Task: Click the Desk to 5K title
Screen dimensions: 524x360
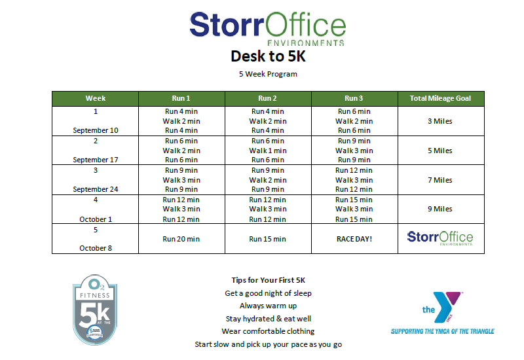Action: (x=268, y=56)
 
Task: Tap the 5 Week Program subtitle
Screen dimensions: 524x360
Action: (x=268, y=74)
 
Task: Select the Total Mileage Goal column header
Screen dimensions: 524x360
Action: (x=440, y=98)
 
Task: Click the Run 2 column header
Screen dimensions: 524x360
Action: (x=267, y=98)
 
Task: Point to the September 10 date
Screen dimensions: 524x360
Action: (x=96, y=130)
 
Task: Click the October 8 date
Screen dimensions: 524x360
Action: (x=96, y=248)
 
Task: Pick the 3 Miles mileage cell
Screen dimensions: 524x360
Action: (x=440, y=121)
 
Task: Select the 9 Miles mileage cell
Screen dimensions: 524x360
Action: (x=440, y=209)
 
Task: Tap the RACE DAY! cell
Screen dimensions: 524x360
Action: (x=354, y=239)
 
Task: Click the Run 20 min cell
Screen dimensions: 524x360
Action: (x=181, y=239)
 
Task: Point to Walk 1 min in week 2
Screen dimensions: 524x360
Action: (x=268, y=151)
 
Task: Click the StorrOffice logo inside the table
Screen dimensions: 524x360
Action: (x=440, y=238)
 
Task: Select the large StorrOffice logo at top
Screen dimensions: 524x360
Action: (x=268, y=29)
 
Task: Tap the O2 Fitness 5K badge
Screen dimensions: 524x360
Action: (x=95, y=310)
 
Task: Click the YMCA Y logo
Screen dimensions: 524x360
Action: (x=442, y=307)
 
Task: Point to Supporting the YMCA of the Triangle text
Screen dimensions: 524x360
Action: (x=443, y=331)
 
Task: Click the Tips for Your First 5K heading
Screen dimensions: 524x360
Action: (x=268, y=280)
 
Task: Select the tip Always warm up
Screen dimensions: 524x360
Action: (x=268, y=306)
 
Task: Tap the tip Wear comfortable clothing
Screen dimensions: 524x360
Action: (x=268, y=331)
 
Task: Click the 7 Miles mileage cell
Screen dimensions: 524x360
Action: (x=440, y=180)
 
